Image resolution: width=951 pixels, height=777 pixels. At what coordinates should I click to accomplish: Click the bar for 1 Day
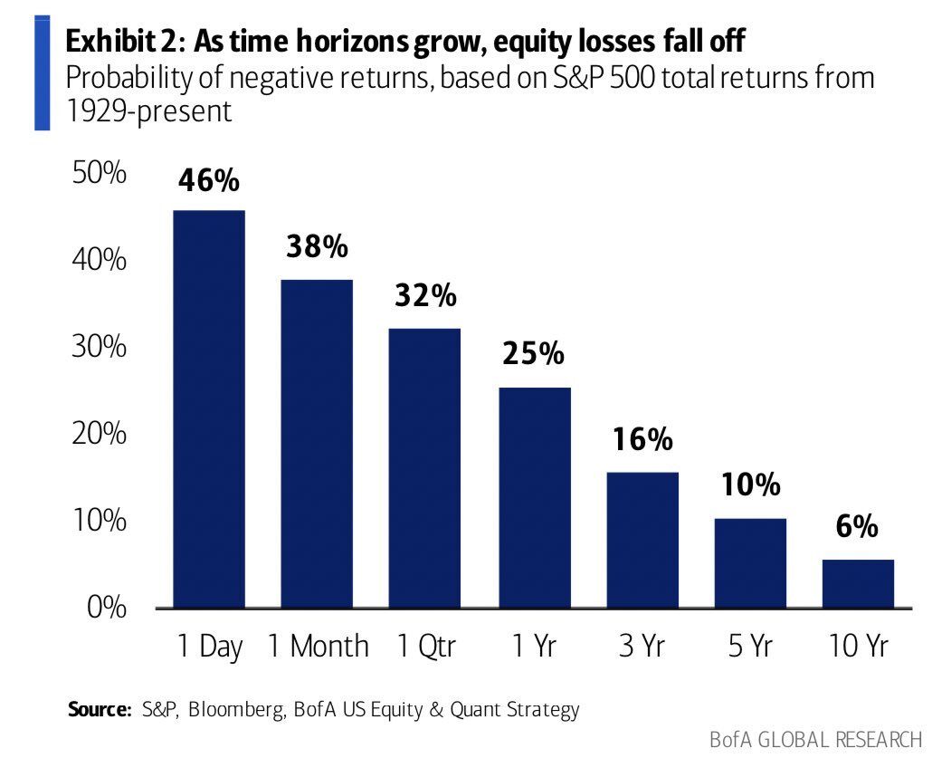(x=209, y=408)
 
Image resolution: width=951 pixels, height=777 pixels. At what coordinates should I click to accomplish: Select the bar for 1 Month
(x=317, y=443)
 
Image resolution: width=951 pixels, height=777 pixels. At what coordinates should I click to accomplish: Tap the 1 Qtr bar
(x=424, y=467)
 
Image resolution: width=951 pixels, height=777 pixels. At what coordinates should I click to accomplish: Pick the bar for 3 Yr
(x=642, y=540)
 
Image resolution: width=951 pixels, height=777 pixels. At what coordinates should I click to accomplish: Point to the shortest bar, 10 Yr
(x=858, y=583)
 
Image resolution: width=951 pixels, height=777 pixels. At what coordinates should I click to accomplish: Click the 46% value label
(x=209, y=180)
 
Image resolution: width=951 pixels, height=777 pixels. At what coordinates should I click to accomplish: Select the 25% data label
(x=533, y=354)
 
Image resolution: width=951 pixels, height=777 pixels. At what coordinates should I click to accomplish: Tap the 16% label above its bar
(x=642, y=440)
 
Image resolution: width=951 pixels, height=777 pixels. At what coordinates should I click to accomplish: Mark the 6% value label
(x=857, y=527)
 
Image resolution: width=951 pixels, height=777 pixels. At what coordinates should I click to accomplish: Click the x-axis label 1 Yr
(x=533, y=647)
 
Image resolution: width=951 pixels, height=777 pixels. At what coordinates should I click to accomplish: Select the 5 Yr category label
(x=749, y=647)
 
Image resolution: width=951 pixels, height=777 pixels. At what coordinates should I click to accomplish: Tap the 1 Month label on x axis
(x=319, y=647)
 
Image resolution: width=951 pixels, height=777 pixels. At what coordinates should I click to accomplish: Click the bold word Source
(x=100, y=709)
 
